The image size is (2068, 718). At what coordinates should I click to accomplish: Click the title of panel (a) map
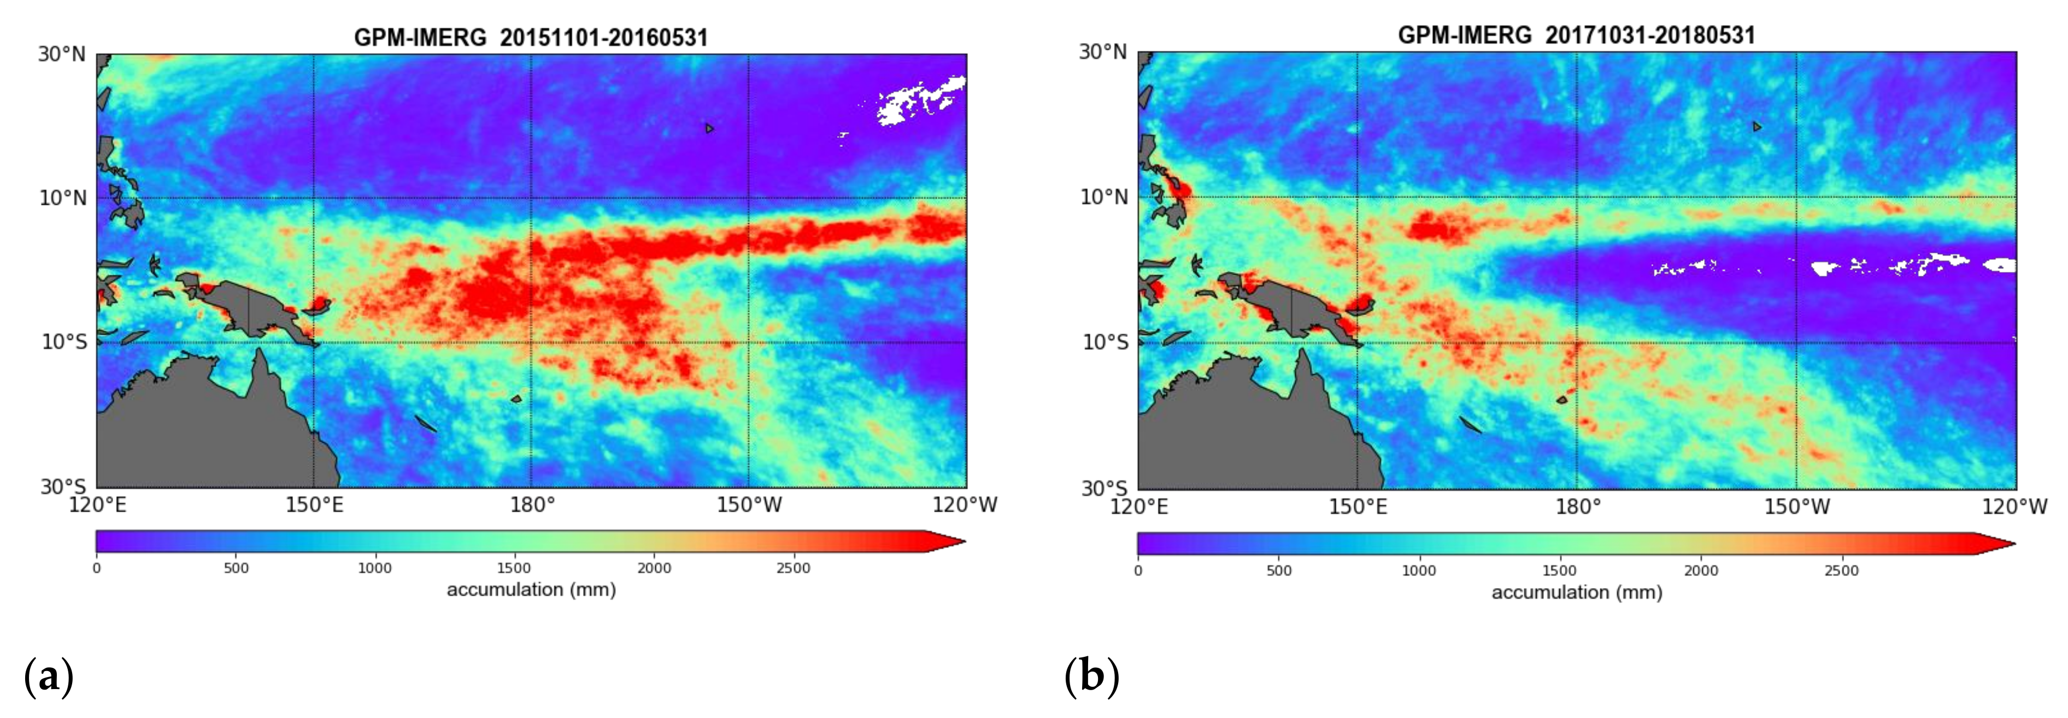point(531,38)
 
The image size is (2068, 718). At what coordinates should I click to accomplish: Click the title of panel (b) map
point(1576,35)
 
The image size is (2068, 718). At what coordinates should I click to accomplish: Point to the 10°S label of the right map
point(1106,342)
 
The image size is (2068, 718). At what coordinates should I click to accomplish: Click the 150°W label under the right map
point(1796,507)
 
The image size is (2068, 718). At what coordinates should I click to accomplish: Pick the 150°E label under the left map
point(314,506)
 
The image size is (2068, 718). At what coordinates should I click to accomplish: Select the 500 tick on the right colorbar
point(1279,571)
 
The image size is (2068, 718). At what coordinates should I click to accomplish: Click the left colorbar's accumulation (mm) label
point(531,590)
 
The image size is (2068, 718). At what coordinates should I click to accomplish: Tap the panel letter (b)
point(1091,677)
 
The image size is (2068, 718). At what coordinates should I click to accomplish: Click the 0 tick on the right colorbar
point(1137,571)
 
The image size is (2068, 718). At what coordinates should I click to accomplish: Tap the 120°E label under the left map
point(98,506)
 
